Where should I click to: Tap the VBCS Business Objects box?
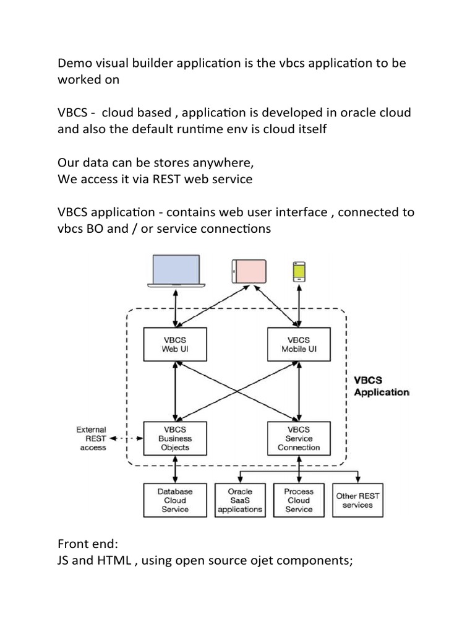click(x=175, y=438)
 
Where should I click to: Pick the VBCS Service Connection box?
click(x=299, y=438)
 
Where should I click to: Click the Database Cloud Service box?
click(x=175, y=500)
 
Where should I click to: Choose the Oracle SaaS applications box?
click(x=240, y=500)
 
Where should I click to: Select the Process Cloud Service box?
click(x=299, y=500)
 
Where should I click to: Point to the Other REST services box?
click(x=357, y=500)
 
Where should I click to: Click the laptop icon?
click(x=176, y=271)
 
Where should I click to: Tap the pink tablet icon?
click(x=249, y=271)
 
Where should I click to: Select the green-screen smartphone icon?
click(x=299, y=271)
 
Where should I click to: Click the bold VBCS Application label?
click(x=380, y=386)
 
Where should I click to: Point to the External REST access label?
click(x=91, y=438)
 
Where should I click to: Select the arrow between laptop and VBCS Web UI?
click(x=176, y=308)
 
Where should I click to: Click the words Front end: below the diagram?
click(x=87, y=544)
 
